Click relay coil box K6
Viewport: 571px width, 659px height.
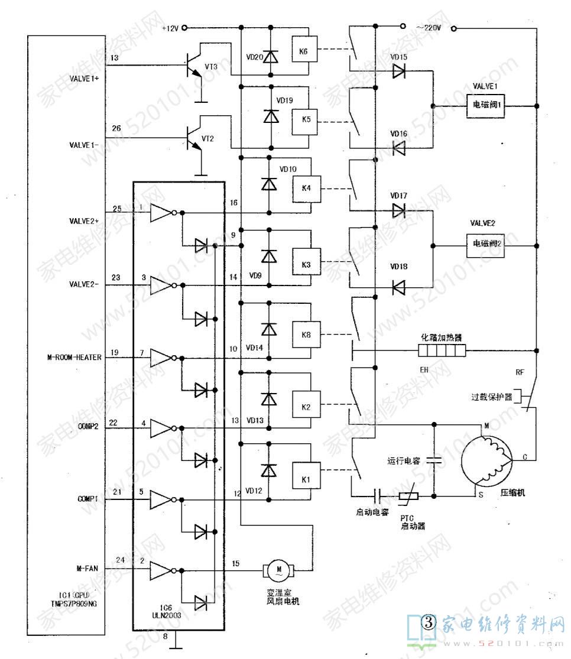303,51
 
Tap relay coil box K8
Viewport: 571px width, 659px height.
306,335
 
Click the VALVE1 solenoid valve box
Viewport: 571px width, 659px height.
485,105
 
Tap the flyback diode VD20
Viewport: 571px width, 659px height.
271,57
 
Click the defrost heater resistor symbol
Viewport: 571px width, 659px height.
442,352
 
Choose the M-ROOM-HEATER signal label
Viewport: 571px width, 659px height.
74,358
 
